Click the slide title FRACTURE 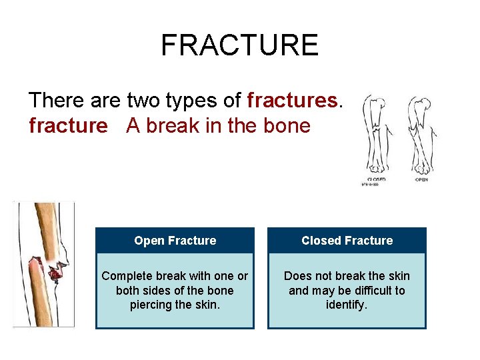click(240, 45)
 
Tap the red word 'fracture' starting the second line click(68, 125)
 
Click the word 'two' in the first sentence click(144, 101)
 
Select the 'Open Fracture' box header click(175, 241)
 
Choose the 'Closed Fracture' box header click(347, 241)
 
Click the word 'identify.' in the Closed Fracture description click(347, 305)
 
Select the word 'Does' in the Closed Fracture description click(299, 276)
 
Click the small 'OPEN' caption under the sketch click(421, 179)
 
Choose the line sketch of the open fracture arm click(421, 133)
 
